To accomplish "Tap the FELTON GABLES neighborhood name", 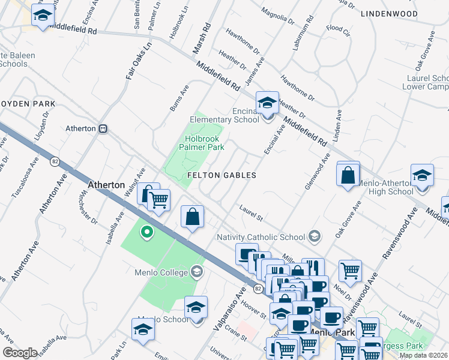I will (221, 176).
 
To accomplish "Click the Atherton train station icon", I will (103, 128).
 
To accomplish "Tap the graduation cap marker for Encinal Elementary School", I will (267, 102).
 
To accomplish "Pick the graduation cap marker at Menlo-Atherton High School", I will (422, 175).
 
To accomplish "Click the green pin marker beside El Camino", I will (146, 232).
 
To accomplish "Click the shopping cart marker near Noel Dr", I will (350, 270).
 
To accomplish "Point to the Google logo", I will (19, 353).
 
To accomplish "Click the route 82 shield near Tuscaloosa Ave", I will (55, 162).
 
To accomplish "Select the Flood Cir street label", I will (338, 29).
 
